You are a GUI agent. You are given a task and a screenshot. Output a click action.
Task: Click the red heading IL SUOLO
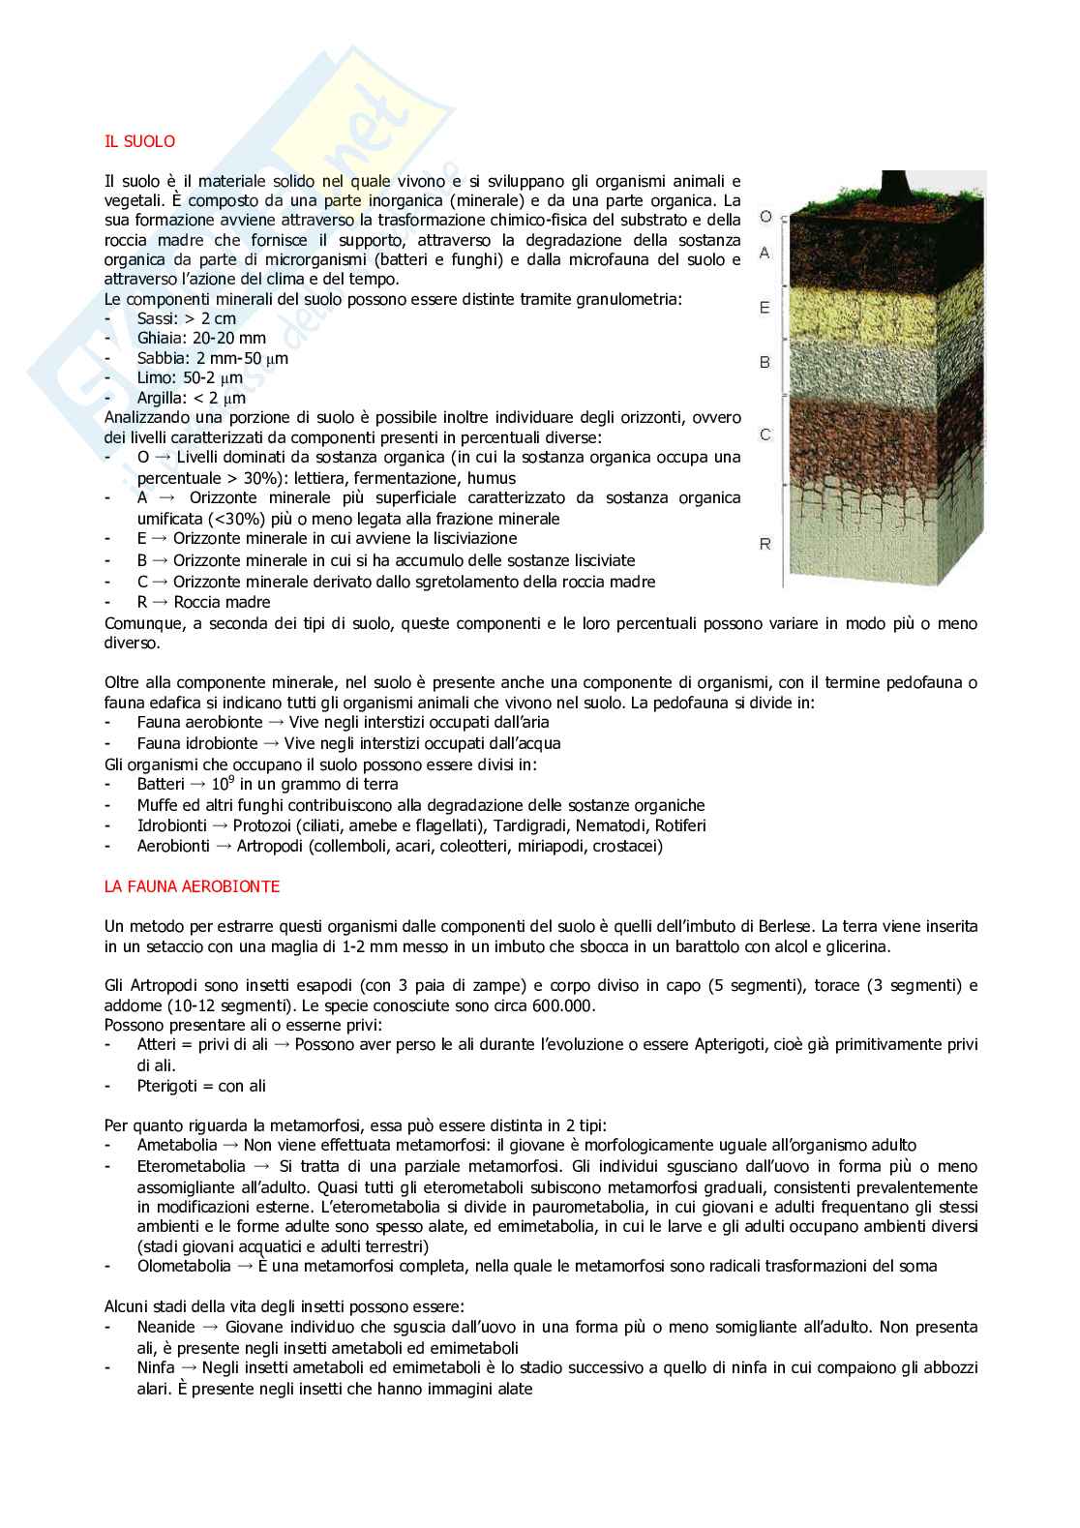pyautogui.click(x=139, y=141)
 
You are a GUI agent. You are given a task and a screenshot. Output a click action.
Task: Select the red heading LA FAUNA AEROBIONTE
pyautogui.click(x=192, y=885)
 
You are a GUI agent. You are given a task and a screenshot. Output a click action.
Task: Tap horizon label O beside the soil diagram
pyautogui.click(x=765, y=217)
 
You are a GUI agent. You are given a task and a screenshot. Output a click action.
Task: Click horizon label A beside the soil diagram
pyautogui.click(x=765, y=253)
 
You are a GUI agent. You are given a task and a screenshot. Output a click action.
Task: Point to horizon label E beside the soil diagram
pyautogui.click(x=765, y=308)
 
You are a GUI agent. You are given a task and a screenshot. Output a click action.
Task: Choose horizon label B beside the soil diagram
pyautogui.click(x=765, y=363)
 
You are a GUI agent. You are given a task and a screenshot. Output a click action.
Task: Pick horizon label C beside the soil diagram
pyautogui.click(x=765, y=434)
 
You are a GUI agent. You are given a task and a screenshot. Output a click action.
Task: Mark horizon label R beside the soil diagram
pyautogui.click(x=765, y=544)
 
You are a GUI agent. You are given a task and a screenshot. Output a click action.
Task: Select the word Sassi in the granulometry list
pyautogui.click(x=157, y=318)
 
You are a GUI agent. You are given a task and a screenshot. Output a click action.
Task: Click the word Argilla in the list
pyautogui.click(x=162, y=398)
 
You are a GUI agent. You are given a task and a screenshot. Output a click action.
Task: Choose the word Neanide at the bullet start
pyautogui.click(x=165, y=1327)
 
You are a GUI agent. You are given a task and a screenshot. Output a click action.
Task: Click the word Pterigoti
pyautogui.click(x=166, y=1086)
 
